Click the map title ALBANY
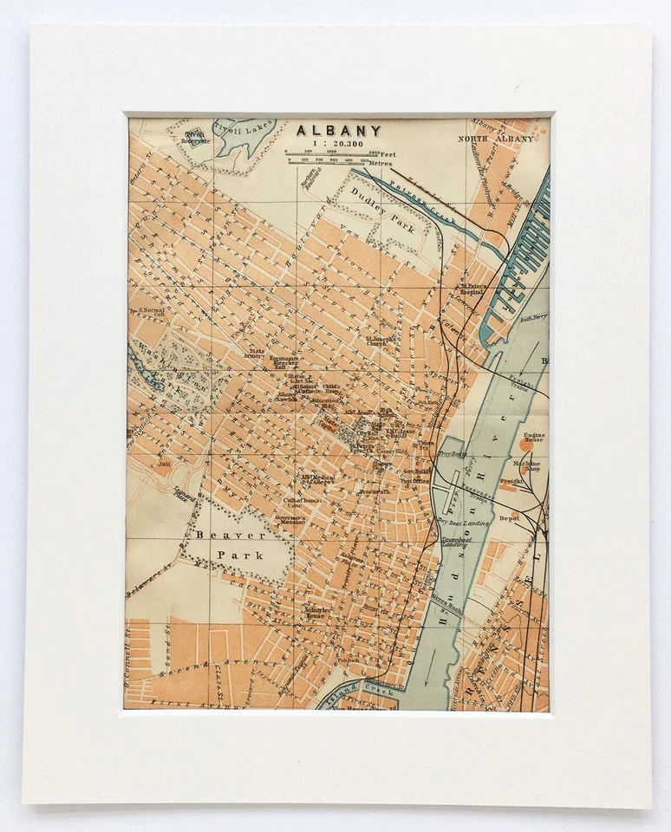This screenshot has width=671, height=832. [x=338, y=131]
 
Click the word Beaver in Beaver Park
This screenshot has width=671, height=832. [x=216, y=535]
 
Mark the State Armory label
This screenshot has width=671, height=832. [x=255, y=354]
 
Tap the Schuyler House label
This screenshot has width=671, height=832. [x=314, y=613]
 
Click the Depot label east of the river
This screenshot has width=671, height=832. [x=509, y=517]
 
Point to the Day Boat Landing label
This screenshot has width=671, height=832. [x=463, y=523]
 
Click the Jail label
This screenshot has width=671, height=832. [x=162, y=464]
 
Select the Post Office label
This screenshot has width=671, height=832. [x=414, y=480]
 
